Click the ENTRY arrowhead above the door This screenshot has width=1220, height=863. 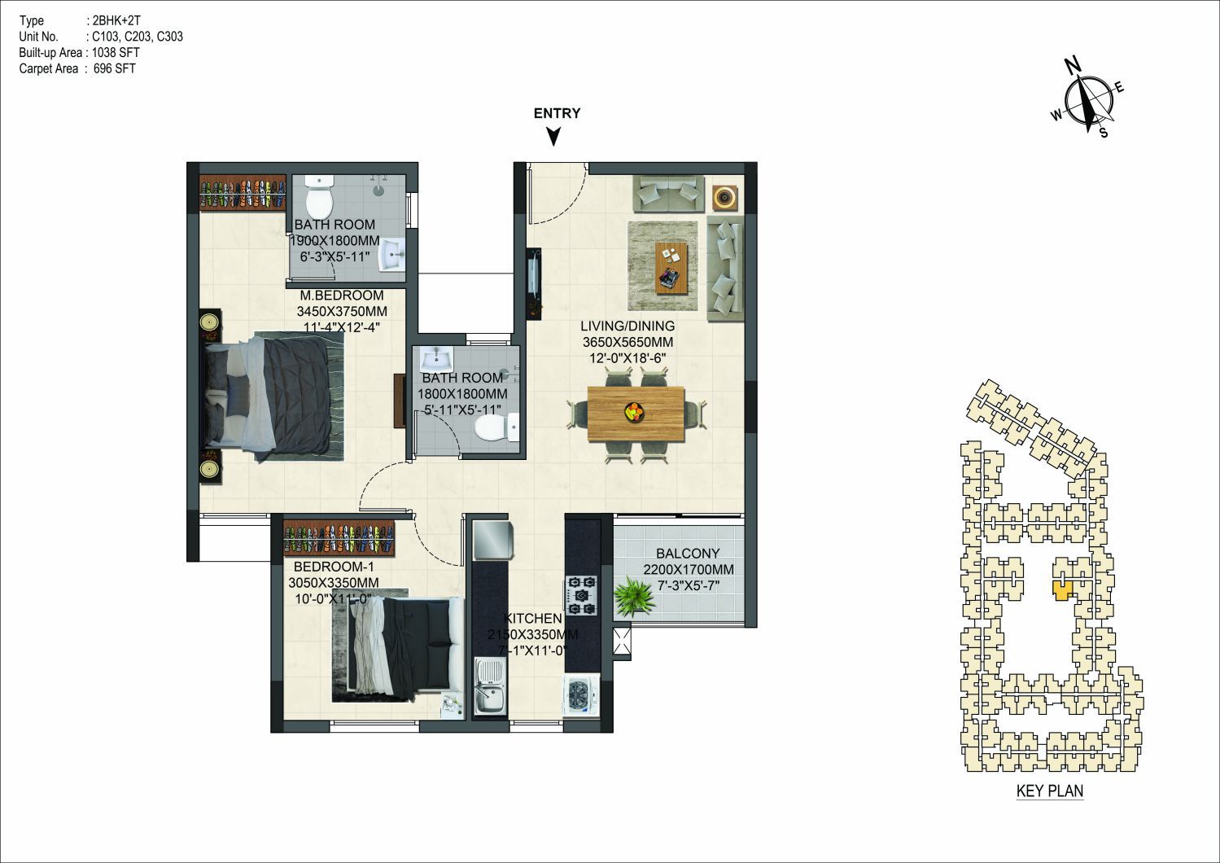click(554, 137)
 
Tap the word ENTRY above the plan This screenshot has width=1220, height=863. click(557, 113)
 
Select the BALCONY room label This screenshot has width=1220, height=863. click(688, 554)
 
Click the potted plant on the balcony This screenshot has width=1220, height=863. click(633, 598)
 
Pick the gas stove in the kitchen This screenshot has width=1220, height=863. click(582, 595)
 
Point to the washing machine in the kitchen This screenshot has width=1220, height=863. click(580, 696)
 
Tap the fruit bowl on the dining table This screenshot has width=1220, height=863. click(633, 411)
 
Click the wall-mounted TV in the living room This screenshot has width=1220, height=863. click(533, 283)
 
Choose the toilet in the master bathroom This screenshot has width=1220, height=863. click(319, 199)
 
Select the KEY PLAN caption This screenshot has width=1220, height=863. click(1050, 791)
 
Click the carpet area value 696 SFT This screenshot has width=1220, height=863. click(115, 68)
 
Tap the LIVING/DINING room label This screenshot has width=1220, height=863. click(627, 326)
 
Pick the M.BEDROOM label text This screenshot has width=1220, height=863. click(342, 296)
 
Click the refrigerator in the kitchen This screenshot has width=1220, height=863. click(492, 540)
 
